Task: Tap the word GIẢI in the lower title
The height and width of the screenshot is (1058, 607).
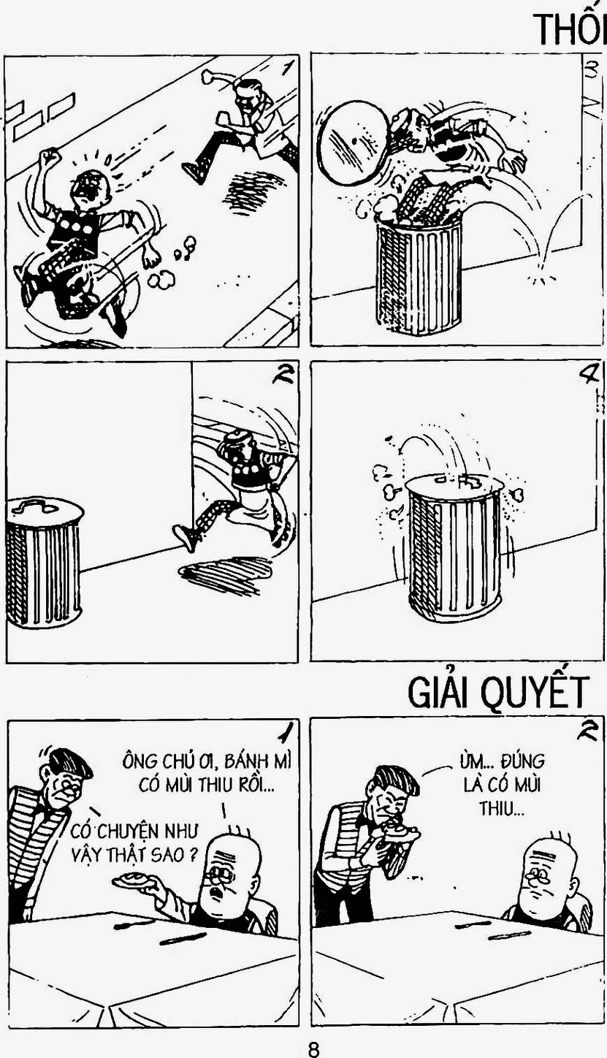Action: click(x=440, y=691)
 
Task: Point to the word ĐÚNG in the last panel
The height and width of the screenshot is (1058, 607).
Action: click(x=522, y=761)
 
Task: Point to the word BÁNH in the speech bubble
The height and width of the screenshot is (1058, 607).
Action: click(x=246, y=761)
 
